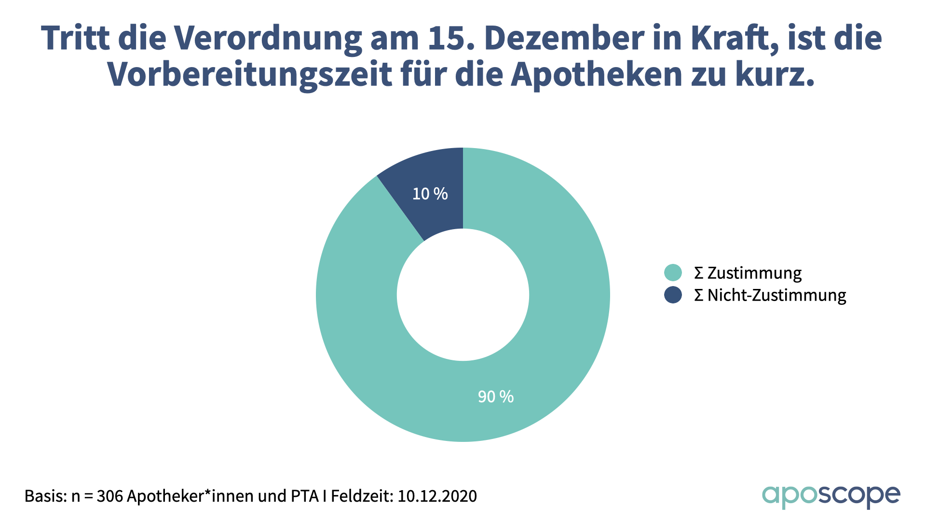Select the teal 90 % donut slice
(555, 338)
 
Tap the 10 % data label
(430, 194)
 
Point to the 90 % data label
(495, 397)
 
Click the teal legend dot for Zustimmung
(673, 273)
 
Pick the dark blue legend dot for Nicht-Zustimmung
(673, 295)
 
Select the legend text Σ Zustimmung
(748, 273)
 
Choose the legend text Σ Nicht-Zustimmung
(770, 295)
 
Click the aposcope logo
(831, 496)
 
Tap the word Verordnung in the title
(268, 38)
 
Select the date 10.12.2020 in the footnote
(437, 496)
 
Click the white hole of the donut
(463, 295)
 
